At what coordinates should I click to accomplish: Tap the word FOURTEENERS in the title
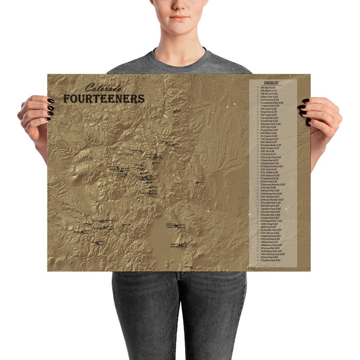104,98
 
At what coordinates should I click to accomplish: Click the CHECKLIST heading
271,83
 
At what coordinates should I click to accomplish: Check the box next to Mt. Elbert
257,87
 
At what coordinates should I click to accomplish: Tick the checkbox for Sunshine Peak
257,260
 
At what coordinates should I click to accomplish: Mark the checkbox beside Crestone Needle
257,145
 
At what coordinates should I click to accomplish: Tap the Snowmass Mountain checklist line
273,185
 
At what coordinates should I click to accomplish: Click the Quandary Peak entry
270,124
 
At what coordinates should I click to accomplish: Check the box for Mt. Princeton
257,148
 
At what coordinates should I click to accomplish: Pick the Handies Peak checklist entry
270,215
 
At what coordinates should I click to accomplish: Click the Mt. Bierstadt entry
270,206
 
